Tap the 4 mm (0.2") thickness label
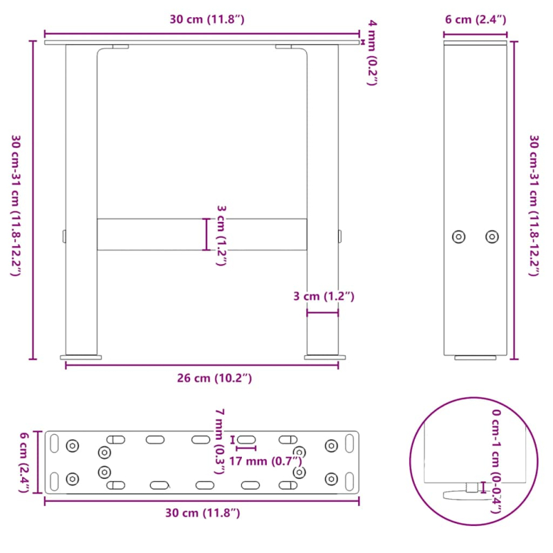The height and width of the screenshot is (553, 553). click(373, 53)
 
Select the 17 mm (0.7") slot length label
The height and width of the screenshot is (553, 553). click(266, 462)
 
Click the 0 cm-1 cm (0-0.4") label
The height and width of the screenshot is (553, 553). click(496, 460)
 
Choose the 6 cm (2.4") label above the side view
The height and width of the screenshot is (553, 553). click(475, 19)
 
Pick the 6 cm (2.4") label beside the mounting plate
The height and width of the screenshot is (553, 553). click(24, 462)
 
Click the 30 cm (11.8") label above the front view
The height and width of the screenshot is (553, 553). click(207, 19)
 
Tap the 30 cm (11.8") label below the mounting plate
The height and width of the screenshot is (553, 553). click(202, 513)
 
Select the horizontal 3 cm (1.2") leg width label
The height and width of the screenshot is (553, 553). click(323, 297)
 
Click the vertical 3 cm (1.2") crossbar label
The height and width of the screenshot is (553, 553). click(221, 234)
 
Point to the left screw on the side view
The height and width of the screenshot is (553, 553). click(458, 237)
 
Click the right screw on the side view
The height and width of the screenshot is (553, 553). click(491, 237)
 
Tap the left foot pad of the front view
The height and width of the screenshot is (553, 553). click(81, 357)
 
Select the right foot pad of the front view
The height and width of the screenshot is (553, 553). click(323, 357)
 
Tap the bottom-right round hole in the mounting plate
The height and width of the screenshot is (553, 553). click(332, 478)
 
